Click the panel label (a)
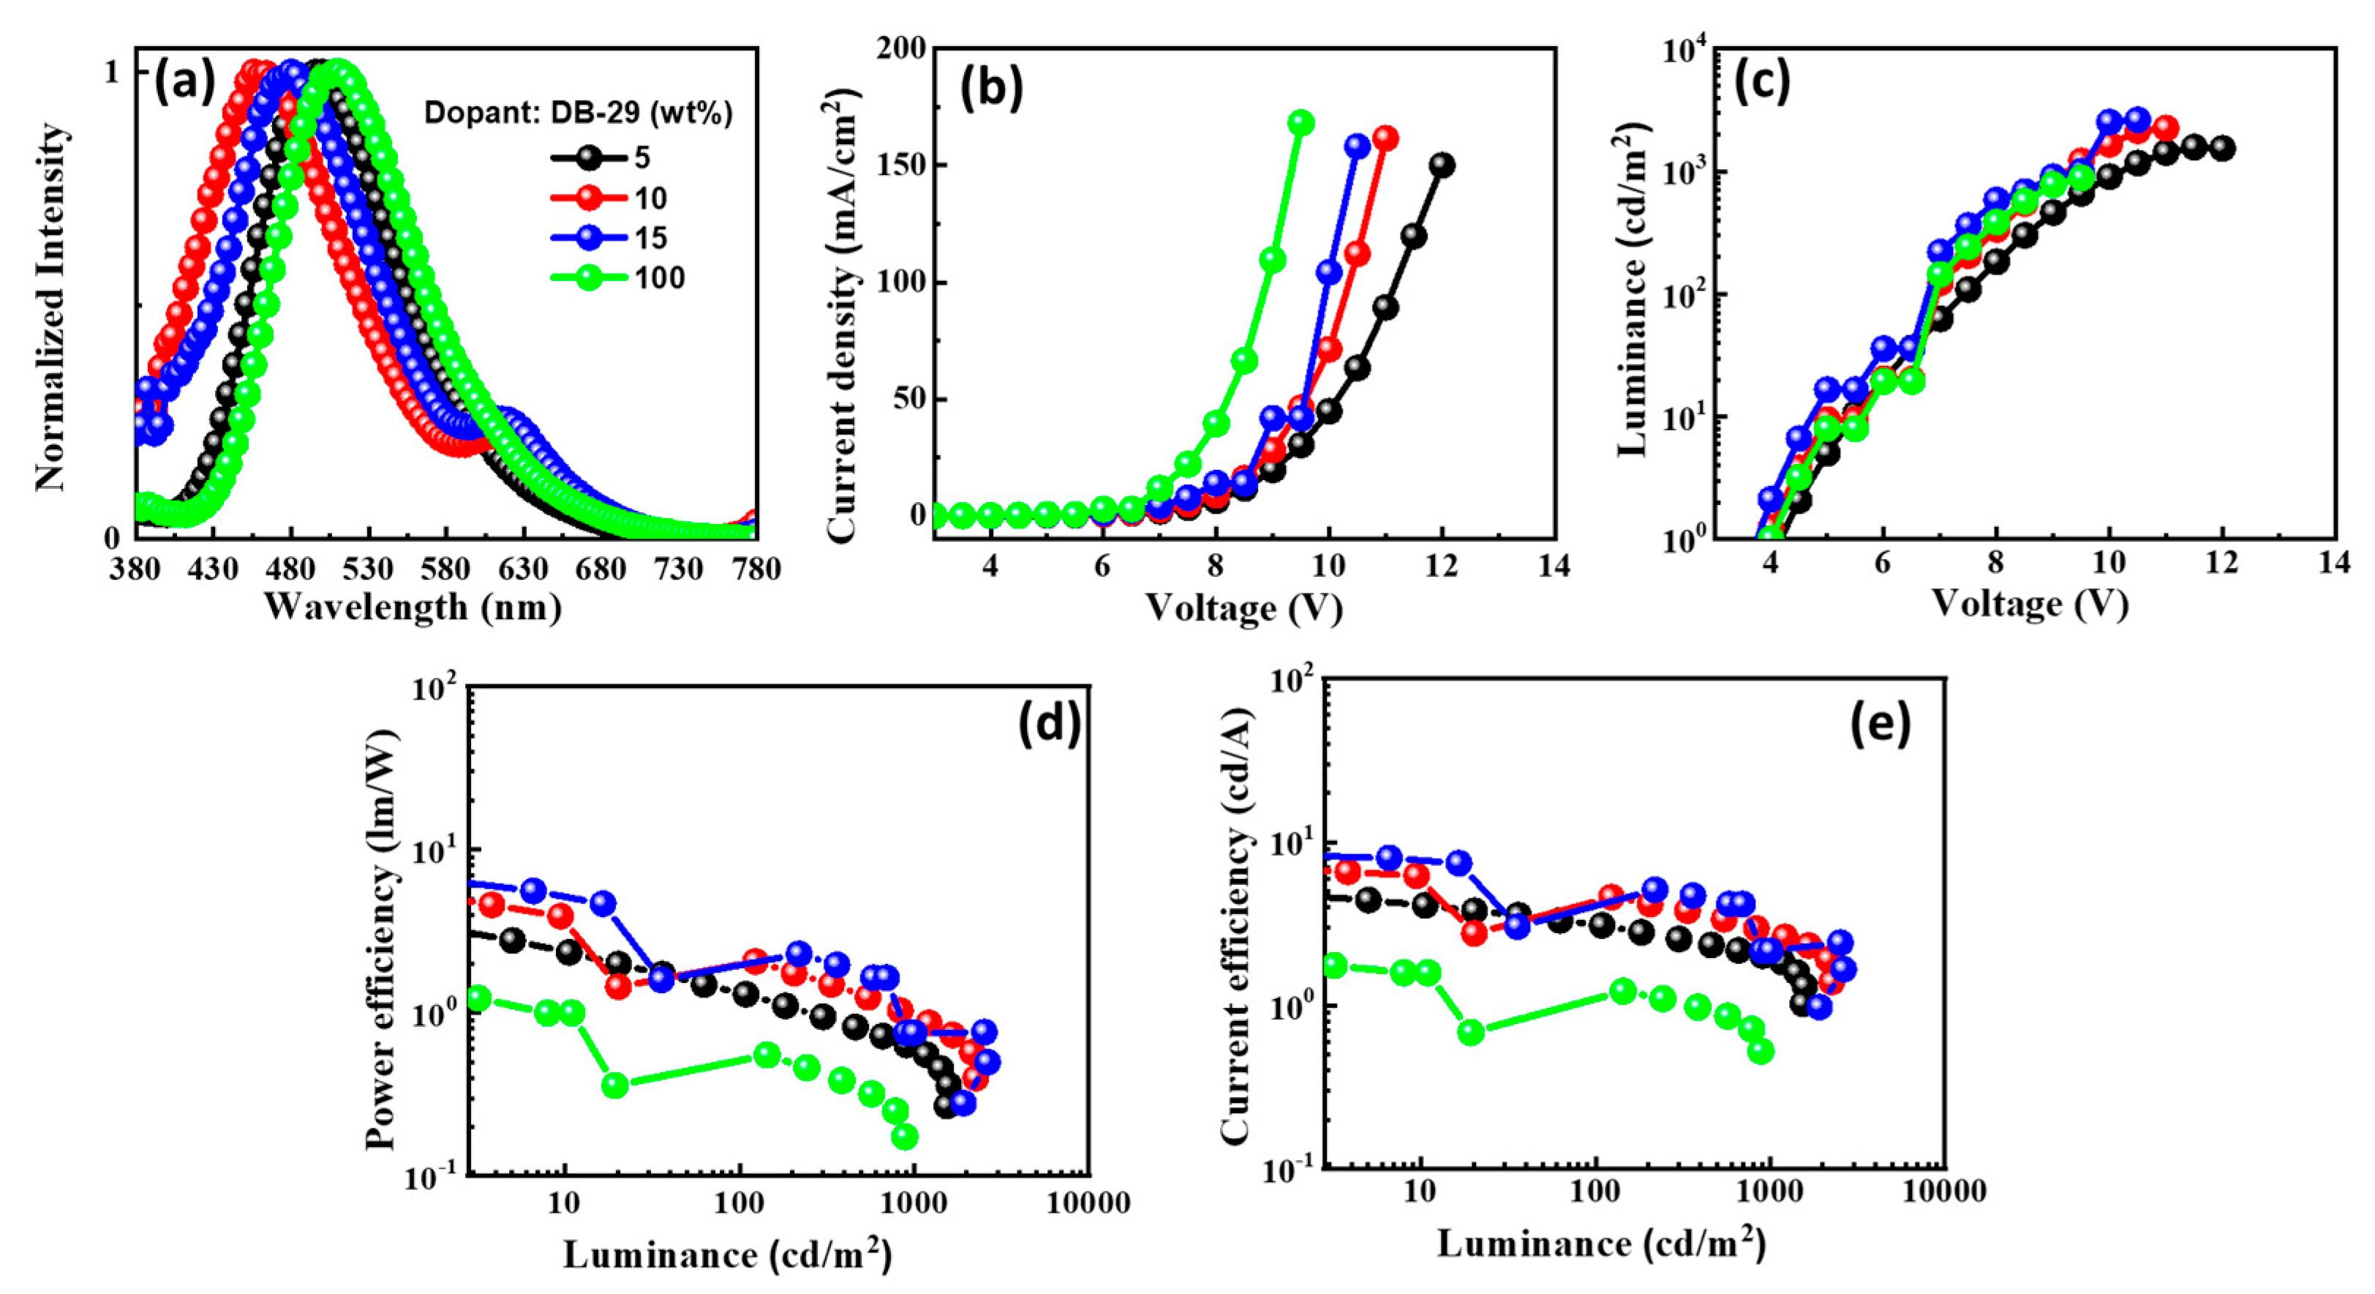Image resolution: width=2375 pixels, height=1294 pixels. pyautogui.click(x=184, y=83)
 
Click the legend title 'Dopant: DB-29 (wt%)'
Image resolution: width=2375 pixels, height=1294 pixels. pyautogui.click(x=578, y=113)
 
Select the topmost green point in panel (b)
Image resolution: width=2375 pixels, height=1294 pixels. pyautogui.click(x=1300, y=123)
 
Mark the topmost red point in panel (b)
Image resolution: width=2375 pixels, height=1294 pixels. pyautogui.click(x=1385, y=138)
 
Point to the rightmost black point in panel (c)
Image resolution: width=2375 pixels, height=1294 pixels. pyautogui.click(x=2222, y=148)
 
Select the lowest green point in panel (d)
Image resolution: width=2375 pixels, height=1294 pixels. pyautogui.click(x=906, y=1137)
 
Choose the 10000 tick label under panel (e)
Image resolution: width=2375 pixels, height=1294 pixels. pyautogui.click(x=1943, y=1191)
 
